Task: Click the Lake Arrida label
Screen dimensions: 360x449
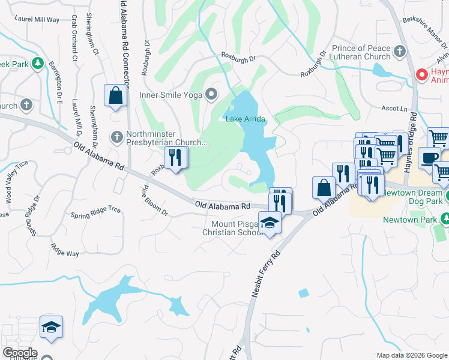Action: click(x=245, y=119)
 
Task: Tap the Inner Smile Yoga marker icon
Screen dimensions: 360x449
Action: click(x=211, y=94)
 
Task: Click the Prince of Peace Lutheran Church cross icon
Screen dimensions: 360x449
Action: click(x=400, y=52)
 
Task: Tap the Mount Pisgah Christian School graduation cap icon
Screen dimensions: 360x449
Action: click(x=270, y=222)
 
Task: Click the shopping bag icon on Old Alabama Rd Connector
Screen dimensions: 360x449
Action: click(x=116, y=95)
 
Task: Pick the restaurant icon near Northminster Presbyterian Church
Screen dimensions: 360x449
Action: click(x=176, y=158)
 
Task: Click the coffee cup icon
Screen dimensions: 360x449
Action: click(x=429, y=158)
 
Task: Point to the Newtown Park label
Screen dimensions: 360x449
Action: click(x=411, y=219)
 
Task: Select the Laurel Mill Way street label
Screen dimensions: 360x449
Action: click(x=38, y=19)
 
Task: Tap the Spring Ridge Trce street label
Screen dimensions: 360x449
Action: click(x=96, y=211)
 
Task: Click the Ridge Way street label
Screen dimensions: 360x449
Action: click(x=65, y=250)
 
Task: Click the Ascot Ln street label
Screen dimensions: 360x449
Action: click(x=394, y=110)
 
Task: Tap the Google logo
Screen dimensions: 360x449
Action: click(x=20, y=353)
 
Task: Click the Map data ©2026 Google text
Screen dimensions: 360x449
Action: click(x=411, y=355)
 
